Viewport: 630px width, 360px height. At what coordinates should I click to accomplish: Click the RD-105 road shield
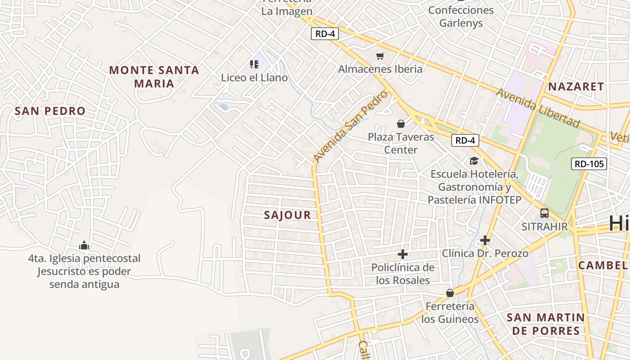[x=589, y=164]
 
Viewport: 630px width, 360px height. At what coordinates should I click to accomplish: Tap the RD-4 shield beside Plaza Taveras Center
[x=465, y=140]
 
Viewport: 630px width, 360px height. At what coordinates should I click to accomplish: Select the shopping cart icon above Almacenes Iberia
[x=380, y=56]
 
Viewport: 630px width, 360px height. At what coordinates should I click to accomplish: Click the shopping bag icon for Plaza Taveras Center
[x=400, y=124]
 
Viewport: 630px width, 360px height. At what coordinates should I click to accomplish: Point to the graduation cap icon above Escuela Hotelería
[x=474, y=161]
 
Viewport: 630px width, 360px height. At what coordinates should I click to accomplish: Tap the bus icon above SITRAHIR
[x=544, y=213]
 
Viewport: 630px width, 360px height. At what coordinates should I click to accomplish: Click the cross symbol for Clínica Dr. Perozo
[x=485, y=240]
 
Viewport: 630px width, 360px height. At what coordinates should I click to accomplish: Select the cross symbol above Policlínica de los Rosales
[x=403, y=254]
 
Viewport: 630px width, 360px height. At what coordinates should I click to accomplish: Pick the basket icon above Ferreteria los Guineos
[x=450, y=293]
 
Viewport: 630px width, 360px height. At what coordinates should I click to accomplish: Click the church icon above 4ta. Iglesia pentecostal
[x=84, y=246]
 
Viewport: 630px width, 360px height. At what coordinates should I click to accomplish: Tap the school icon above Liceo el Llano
[x=254, y=64]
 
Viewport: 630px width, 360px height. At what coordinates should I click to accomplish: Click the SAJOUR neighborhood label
[x=288, y=215]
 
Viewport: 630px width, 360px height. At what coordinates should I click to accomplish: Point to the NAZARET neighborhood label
[x=576, y=87]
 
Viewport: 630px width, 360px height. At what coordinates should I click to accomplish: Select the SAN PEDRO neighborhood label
[x=50, y=111]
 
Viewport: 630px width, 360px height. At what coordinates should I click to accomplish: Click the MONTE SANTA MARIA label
[x=154, y=76]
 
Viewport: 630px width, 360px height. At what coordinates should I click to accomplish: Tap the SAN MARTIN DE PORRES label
[x=546, y=324]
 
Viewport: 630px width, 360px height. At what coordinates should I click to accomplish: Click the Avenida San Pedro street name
[x=350, y=126]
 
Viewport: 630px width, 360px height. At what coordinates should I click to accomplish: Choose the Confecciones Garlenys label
[x=461, y=17]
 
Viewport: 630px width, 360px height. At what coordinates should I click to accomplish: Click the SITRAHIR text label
[x=544, y=226]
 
